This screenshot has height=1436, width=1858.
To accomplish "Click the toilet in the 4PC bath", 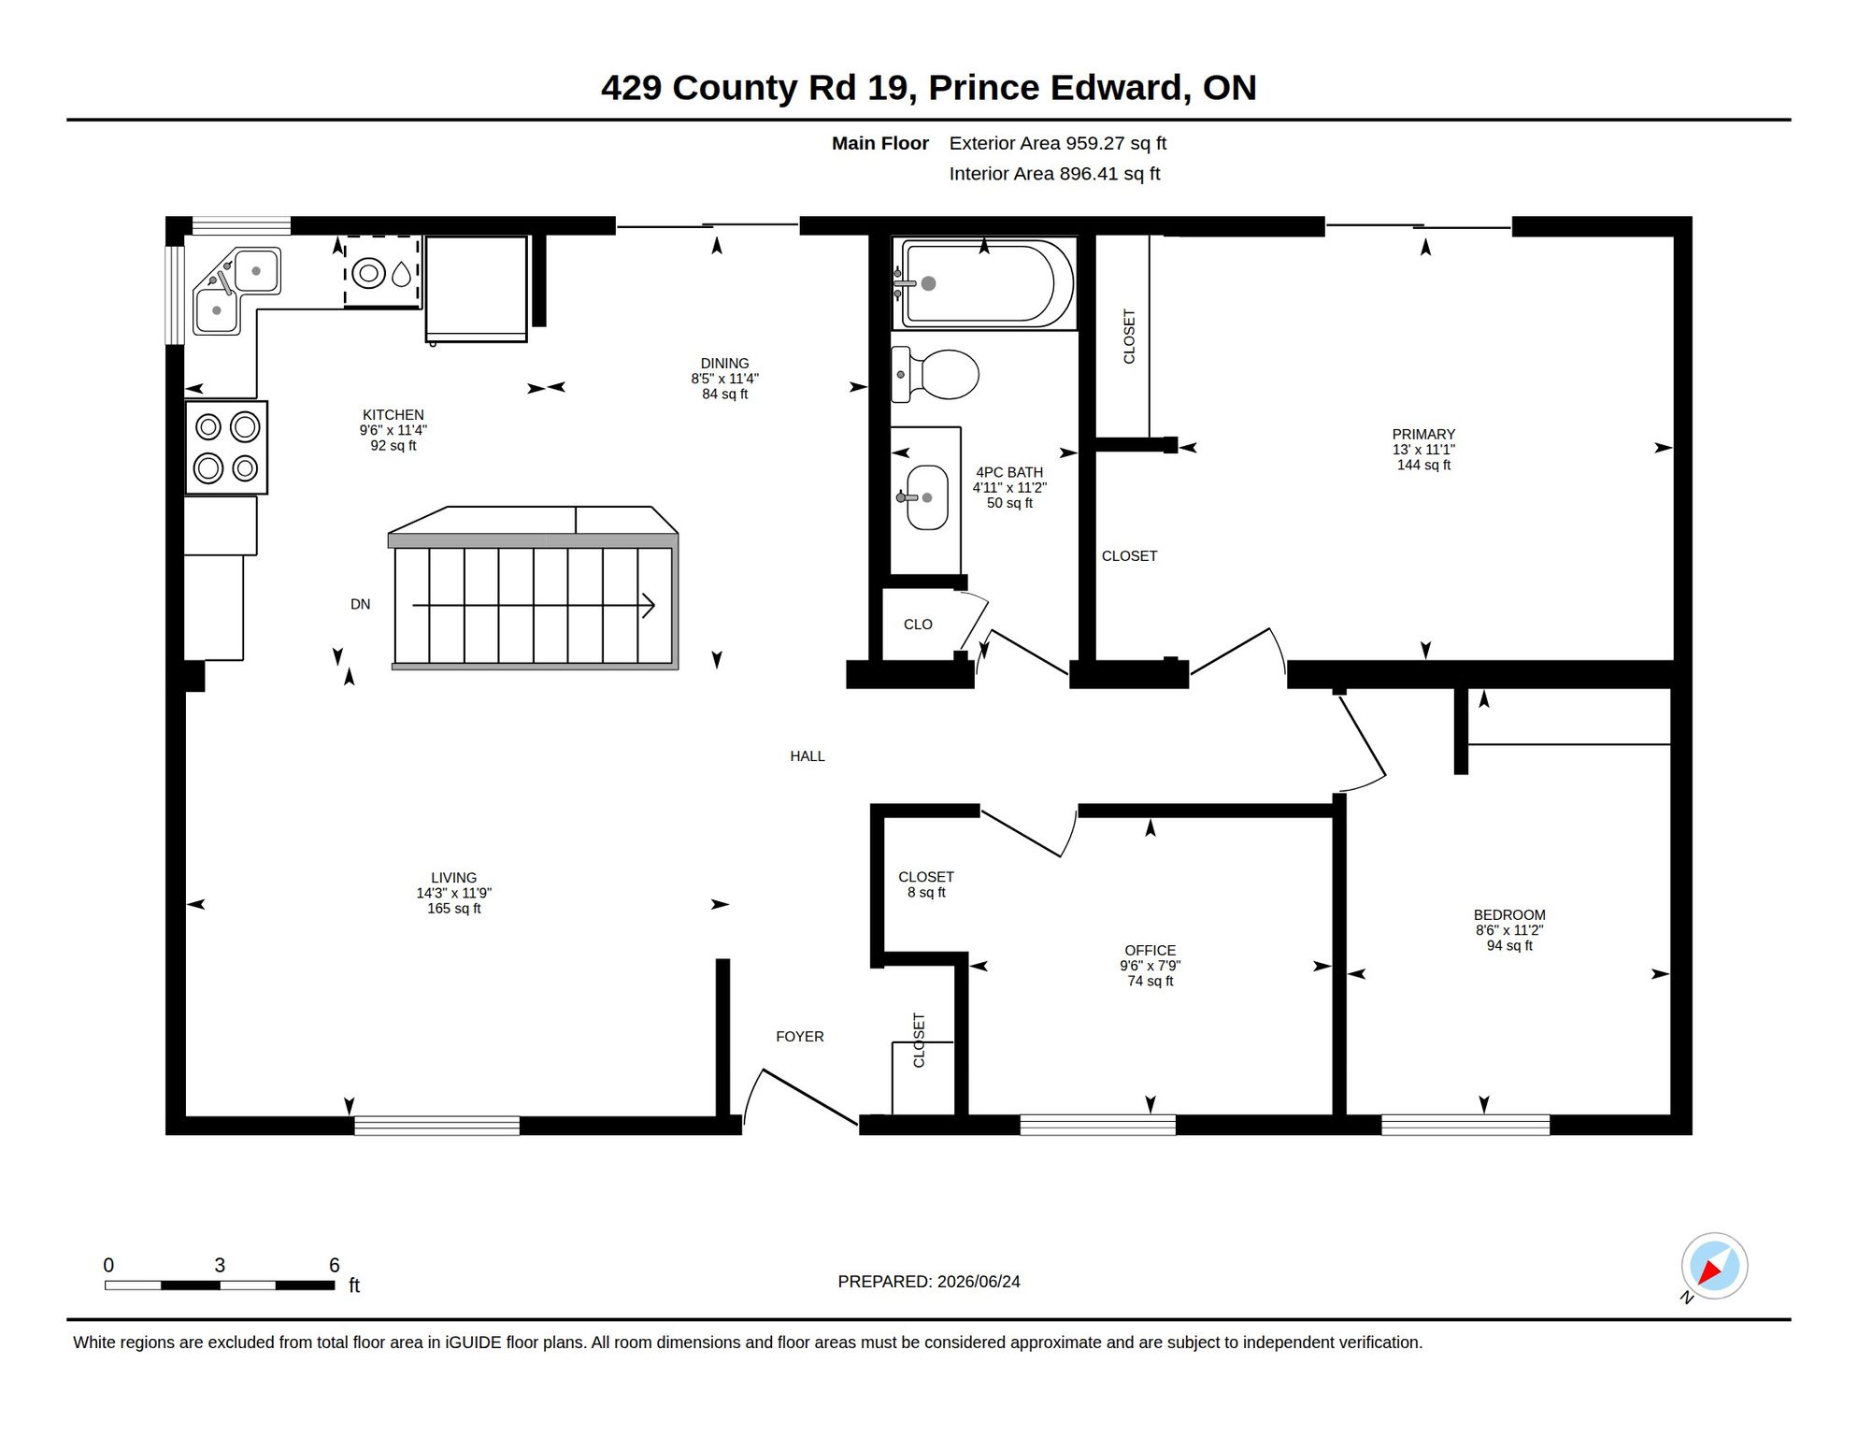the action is click(x=934, y=374).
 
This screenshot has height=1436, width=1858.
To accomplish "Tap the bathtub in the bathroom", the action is click(x=984, y=282).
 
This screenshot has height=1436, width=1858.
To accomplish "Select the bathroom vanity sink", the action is click(x=926, y=497).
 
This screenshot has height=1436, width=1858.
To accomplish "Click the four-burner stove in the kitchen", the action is click(x=226, y=448).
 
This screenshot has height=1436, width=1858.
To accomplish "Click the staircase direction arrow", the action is click(x=534, y=606).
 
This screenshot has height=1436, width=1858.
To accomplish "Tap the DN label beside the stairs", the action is click(x=360, y=605).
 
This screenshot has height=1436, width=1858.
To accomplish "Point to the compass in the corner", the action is click(x=1714, y=1267).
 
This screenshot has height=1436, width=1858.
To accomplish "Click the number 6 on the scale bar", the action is click(x=335, y=1265).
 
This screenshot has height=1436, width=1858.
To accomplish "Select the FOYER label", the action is click(x=800, y=1037).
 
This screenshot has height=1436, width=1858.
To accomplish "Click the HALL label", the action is click(x=808, y=756).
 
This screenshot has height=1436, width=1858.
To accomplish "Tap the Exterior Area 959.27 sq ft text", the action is click(x=1058, y=143).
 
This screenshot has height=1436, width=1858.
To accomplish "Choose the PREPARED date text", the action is click(x=929, y=1282).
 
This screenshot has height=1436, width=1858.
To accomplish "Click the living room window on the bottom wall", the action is click(x=436, y=1126).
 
